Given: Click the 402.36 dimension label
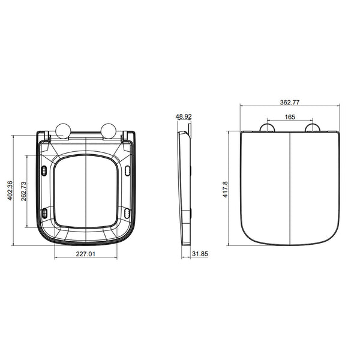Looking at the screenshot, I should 8,191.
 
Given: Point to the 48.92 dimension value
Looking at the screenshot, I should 184,118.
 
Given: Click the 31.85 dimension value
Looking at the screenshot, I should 199,254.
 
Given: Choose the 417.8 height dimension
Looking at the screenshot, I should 226,188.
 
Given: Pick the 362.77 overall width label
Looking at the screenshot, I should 289,103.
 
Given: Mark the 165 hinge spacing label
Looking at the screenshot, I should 289,117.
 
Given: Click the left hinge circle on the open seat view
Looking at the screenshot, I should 63,130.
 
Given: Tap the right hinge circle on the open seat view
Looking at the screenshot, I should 109,130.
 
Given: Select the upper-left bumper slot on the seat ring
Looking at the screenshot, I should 46,171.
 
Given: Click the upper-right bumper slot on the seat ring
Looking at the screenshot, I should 128,171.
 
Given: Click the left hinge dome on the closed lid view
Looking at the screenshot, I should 268,128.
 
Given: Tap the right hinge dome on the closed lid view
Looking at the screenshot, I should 312,128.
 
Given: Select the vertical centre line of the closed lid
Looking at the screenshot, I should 290,186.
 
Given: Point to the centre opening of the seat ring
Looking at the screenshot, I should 87,191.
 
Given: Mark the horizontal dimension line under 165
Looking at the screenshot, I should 289,122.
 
